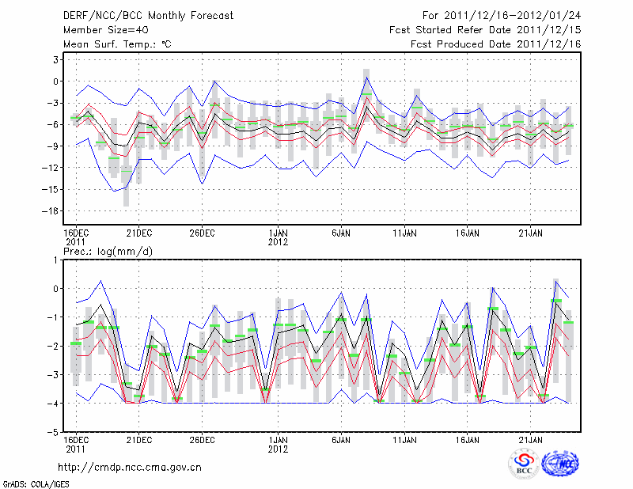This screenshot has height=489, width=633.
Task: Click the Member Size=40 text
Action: (x=106, y=30)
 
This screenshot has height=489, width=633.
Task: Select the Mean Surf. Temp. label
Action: (x=116, y=44)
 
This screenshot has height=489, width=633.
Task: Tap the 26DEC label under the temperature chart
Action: (x=203, y=233)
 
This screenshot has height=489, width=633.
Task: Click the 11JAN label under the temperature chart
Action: (x=405, y=233)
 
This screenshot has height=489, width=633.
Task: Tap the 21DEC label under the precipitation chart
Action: (x=139, y=439)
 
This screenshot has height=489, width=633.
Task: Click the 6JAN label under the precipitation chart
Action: (x=342, y=439)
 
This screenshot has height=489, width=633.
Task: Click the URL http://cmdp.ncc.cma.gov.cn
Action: (x=131, y=467)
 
